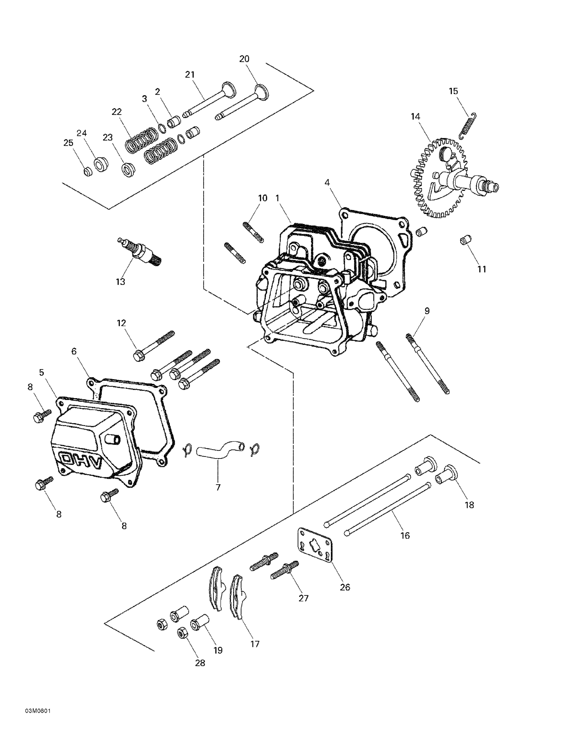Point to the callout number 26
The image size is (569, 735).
pos(345,587)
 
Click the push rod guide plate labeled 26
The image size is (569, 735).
pos(315,547)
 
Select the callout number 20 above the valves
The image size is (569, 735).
pos(244,59)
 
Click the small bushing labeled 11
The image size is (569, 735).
pos(465,241)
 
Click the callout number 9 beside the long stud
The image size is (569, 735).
pos(427,311)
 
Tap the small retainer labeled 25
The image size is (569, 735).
pos(88,172)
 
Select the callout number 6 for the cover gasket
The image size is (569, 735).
pos(74,351)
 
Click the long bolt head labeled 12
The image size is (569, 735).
pos(138,356)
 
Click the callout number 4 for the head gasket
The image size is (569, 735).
pos(327,183)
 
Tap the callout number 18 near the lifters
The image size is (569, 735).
pos(469,514)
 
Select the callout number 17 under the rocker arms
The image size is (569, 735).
pos(255,644)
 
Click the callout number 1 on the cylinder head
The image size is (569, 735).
pos(277,198)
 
